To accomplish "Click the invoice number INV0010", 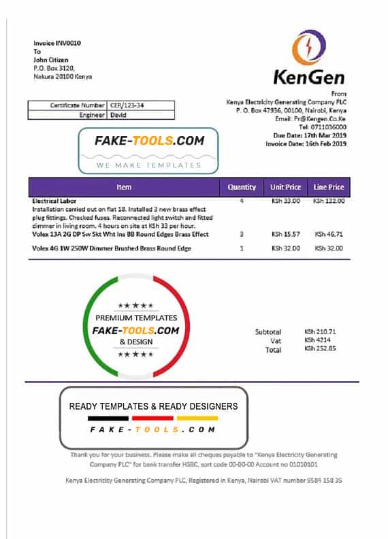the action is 67,43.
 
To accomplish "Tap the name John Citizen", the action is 52,60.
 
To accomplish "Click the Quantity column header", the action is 242,186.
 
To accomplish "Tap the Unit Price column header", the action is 286,186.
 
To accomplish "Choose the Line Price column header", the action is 328,186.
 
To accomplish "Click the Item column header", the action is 124,186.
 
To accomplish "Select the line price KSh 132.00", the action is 329,201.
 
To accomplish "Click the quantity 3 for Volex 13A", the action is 242,234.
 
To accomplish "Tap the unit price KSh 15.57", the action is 286,234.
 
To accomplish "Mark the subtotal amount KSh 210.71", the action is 320,332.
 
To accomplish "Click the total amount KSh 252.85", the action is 320,350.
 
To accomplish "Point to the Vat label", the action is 275,341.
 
